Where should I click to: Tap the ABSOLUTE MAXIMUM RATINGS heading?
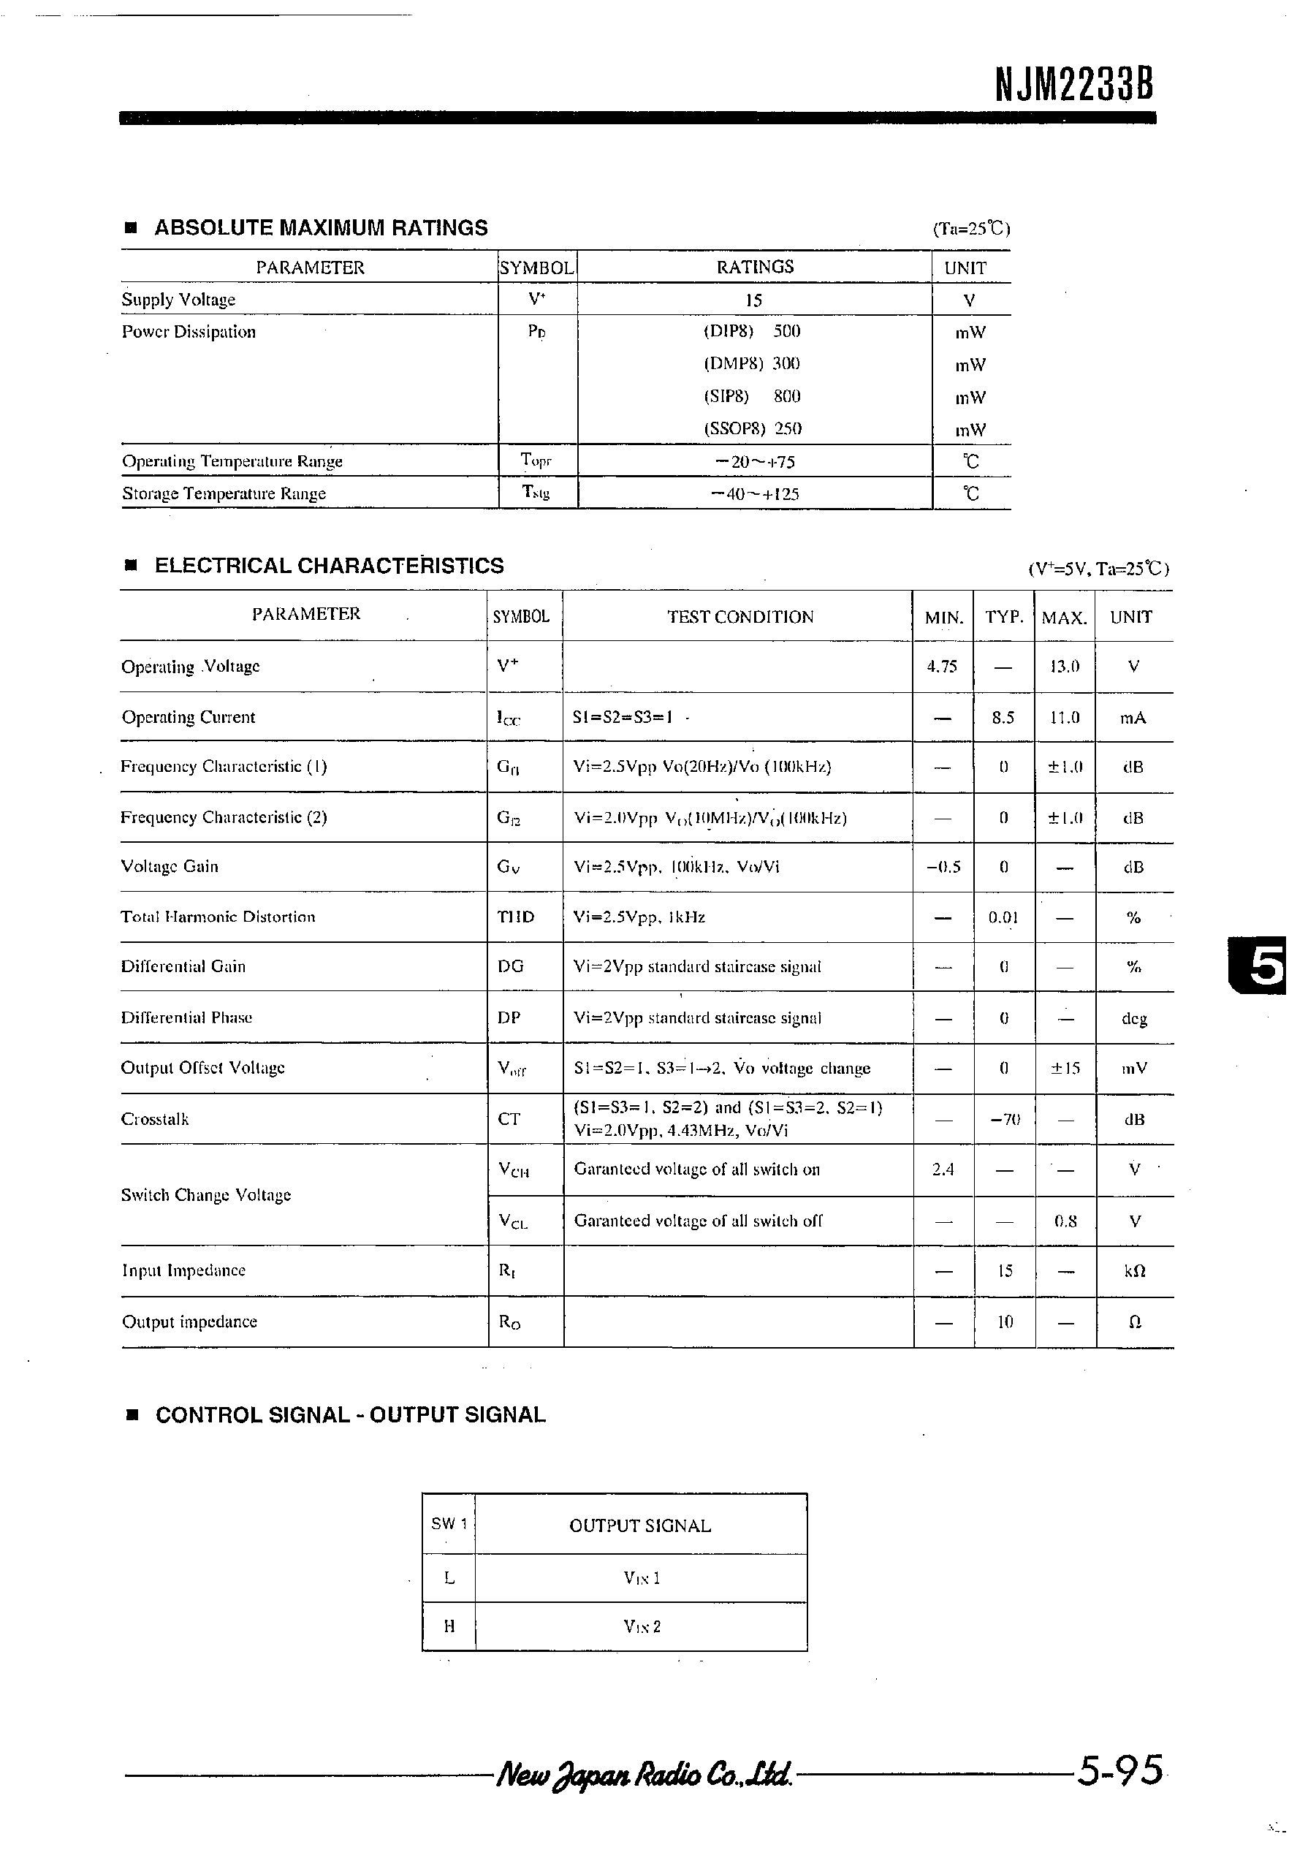tap(321, 228)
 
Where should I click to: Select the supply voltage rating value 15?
tap(753, 300)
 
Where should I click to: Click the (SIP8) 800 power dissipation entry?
tap(752, 396)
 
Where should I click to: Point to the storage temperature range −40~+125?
tap(755, 494)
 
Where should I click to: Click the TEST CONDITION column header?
tap(739, 617)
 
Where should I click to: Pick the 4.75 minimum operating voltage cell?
tap(942, 667)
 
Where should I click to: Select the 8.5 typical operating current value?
tap(1003, 718)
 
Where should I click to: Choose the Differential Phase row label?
tap(186, 1017)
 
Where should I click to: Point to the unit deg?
tap(1133, 1019)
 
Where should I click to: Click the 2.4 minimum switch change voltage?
tap(943, 1169)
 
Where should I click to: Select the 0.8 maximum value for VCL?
tap(1065, 1221)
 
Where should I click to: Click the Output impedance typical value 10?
tap(1005, 1322)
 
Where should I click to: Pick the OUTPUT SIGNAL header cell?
tap(639, 1526)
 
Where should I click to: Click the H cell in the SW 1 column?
tap(449, 1627)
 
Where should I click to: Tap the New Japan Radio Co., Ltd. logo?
tap(644, 1773)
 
